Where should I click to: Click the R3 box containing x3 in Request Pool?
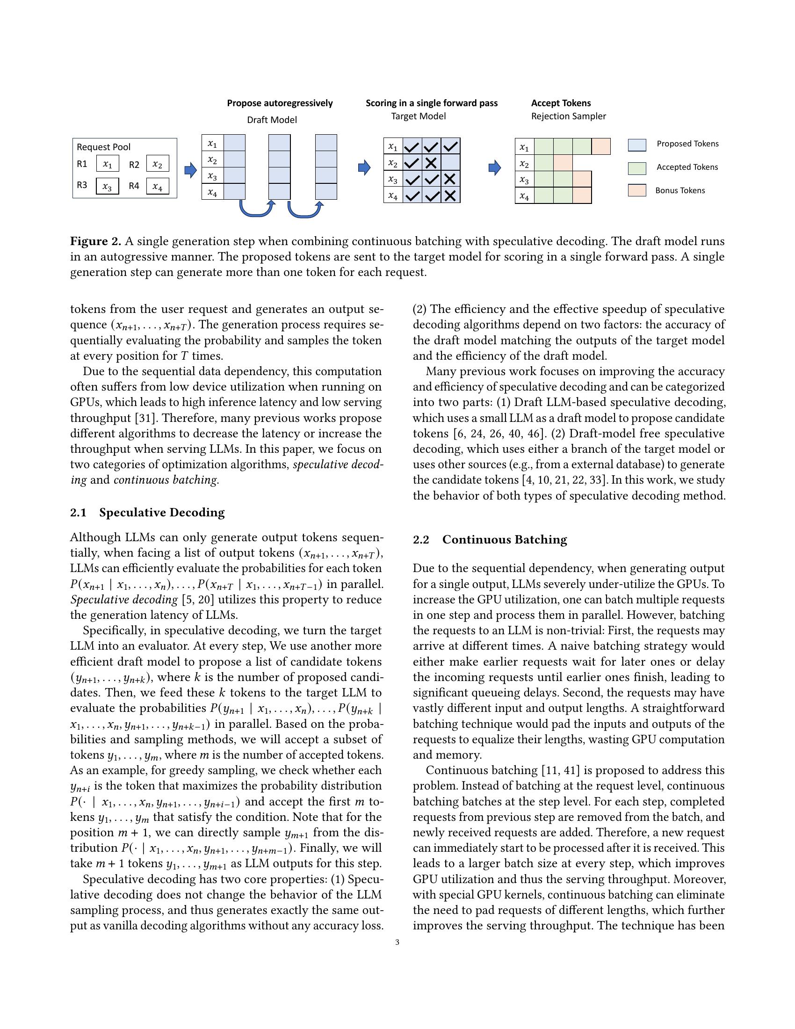coord(108,186)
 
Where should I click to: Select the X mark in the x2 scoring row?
coord(431,164)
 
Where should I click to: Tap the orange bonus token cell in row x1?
coord(601,146)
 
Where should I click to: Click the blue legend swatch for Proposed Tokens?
coord(637,145)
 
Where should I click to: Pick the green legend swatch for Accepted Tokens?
coord(637,168)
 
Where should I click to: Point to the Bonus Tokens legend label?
coord(680,191)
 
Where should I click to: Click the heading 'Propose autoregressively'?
coord(280,103)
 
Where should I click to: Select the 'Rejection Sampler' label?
coord(569,116)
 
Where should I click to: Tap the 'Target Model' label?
coord(418,116)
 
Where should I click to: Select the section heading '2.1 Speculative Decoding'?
coord(147,513)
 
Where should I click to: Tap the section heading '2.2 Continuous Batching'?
coord(490,540)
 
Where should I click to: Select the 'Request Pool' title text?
coord(104,147)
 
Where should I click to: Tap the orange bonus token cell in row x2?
coord(563,163)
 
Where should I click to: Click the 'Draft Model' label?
coord(272,120)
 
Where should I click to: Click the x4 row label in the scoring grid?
coord(393,196)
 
